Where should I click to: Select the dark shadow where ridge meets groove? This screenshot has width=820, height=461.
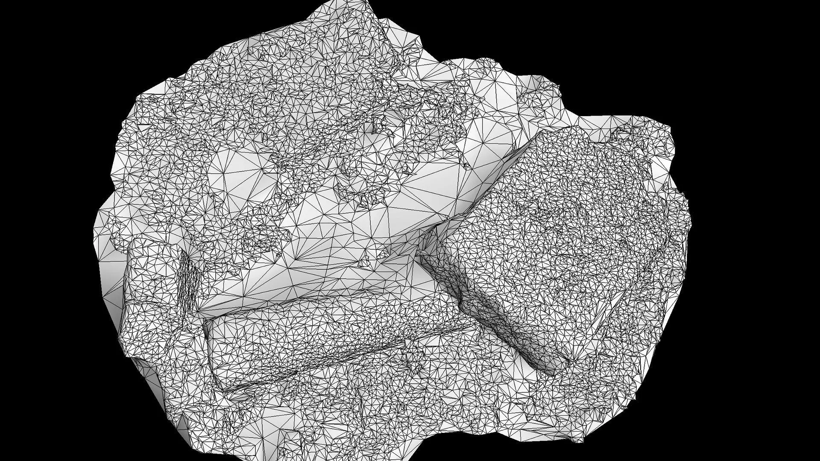(x=423, y=256)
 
